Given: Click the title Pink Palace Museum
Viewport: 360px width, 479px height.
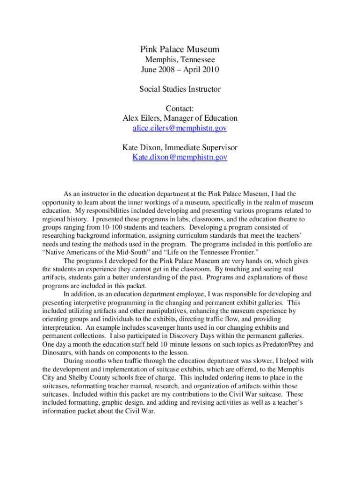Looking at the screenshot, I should click(x=180, y=50).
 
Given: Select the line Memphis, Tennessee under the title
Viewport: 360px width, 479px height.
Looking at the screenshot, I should click(x=180, y=60).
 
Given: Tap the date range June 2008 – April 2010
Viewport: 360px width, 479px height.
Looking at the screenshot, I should click(x=180, y=70).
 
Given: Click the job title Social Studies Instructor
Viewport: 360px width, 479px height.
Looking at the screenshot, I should click(x=180, y=89).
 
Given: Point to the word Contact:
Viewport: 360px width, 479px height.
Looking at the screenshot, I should click(x=180, y=109).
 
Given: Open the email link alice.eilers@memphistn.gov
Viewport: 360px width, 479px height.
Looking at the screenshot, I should click(x=180, y=128).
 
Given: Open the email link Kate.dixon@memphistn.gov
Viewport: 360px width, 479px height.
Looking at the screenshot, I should click(x=180, y=157).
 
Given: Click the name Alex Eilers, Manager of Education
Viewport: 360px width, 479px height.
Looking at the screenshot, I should click(x=180, y=118).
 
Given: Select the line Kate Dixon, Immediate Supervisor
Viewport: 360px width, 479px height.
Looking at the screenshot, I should click(x=180, y=147).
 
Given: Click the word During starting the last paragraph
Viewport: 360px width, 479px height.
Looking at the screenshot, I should click(x=74, y=361).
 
